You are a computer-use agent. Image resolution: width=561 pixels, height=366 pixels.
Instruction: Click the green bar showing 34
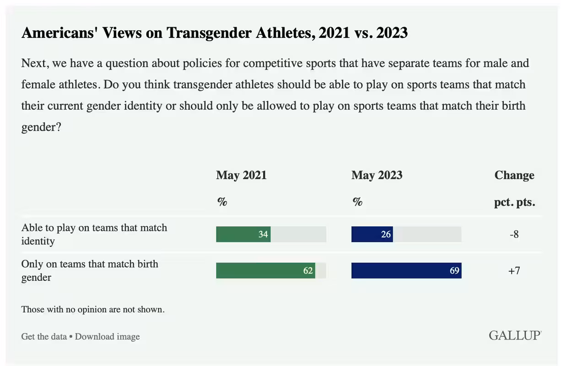[x=243, y=234]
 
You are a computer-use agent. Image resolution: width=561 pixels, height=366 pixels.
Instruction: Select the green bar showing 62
[x=265, y=270]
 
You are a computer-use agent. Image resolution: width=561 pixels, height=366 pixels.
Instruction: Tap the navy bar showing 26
[x=372, y=234]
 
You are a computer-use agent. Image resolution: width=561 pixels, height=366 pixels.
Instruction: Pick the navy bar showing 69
[x=406, y=270]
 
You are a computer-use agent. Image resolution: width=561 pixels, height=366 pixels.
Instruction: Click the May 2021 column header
[x=241, y=175]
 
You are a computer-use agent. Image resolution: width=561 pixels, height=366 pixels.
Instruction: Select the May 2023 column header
[x=377, y=175]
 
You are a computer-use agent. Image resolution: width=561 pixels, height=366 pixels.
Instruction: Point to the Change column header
[x=514, y=175]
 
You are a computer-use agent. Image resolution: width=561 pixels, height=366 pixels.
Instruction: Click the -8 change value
[x=514, y=234]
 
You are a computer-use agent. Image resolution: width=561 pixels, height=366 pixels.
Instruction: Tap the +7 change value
[x=514, y=270]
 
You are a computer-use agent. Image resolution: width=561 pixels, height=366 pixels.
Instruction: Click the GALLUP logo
[x=515, y=335]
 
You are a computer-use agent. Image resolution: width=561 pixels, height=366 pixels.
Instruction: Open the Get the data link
[x=44, y=337]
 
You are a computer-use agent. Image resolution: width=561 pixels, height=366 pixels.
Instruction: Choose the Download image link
[x=107, y=337]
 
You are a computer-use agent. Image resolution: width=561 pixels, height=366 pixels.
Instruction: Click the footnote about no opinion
[x=93, y=309]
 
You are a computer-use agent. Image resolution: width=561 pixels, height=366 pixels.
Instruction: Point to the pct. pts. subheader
[x=514, y=202]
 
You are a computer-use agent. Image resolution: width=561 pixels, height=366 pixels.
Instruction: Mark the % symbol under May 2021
[x=222, y=202]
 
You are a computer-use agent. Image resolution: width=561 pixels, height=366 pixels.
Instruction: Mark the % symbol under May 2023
[x=357, y=202]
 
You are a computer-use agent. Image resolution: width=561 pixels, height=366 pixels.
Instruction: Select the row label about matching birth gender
[x=90, y=270]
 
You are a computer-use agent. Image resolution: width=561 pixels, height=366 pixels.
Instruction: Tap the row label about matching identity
[x=94, y=234]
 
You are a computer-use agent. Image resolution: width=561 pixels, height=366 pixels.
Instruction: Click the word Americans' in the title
[x=55, y=33]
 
